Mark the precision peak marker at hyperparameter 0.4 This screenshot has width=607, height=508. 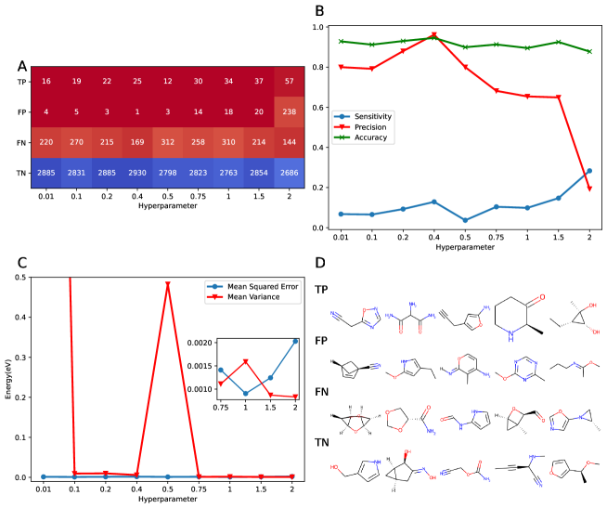point(433,35)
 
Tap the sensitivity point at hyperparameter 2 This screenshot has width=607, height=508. point(589,171)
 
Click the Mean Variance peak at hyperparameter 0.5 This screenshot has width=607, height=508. point(169,284)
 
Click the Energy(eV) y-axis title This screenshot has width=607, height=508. point(8,377)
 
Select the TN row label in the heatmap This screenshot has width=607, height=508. point(21,174)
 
